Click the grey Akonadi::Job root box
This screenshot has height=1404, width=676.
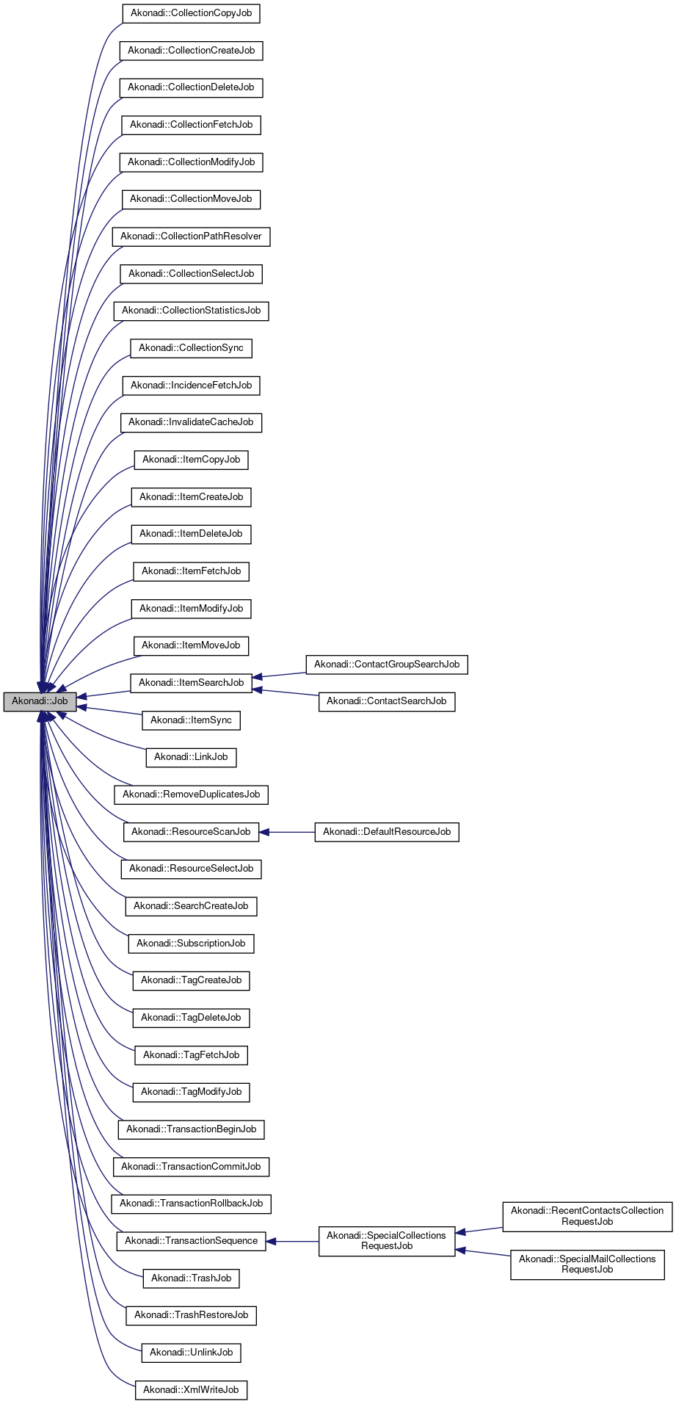pos(40,701)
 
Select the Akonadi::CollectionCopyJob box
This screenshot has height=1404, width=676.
pos(191,13)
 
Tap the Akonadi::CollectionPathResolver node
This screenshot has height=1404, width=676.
pos(191,236)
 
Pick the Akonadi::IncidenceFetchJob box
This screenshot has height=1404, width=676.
pos(191,385)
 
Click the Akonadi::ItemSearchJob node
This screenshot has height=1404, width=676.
pos(191,683)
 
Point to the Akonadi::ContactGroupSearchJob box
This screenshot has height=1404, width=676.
pos(387,665)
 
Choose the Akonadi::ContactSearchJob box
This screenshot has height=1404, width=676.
pos(387,701)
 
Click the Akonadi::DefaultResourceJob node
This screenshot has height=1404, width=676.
pos(387,832)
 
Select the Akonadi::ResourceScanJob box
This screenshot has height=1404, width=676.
pos(191,832)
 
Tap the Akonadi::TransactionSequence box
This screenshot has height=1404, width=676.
pos(191,1241)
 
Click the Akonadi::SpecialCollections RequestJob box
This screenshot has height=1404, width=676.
pos(387,1241)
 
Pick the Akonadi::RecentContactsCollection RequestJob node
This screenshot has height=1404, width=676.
pos(587,1216)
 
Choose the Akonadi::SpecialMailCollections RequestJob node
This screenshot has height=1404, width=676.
pos(587,1264)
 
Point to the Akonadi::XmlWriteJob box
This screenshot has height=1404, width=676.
pos(191,1390)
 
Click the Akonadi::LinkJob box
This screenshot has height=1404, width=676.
pos(191,757)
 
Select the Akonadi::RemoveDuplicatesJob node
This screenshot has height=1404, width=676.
pos(191,795)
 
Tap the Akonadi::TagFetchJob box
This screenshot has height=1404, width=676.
pos(191,1055)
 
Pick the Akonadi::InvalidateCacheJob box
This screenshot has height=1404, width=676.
pos(191,422)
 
